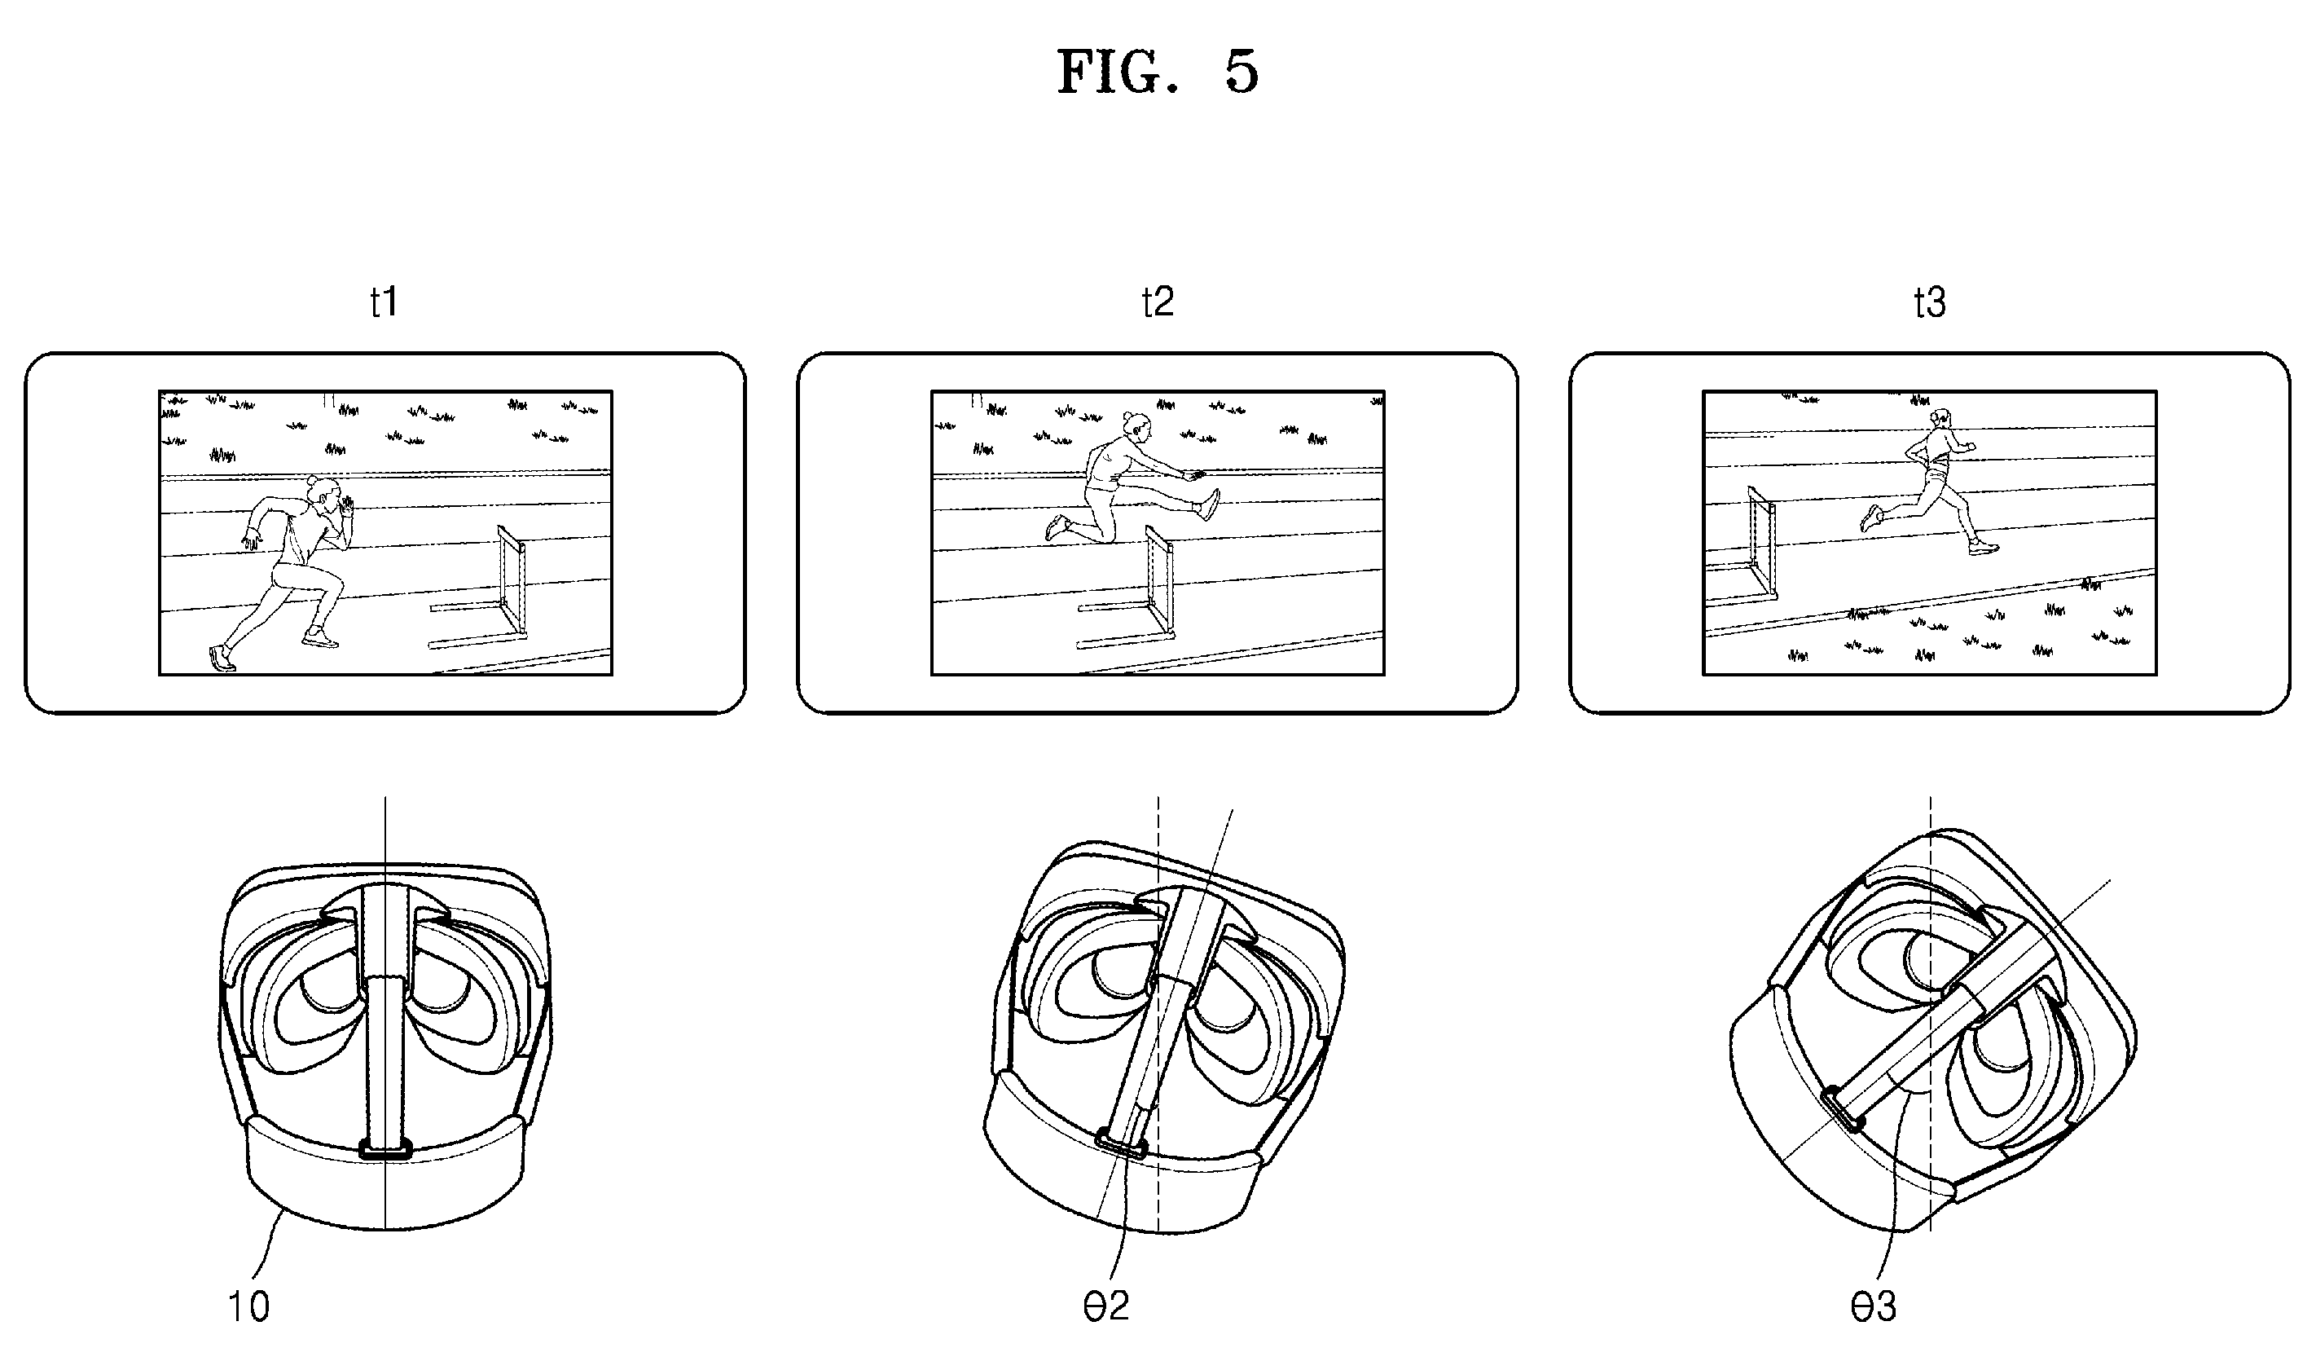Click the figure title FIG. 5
1157,72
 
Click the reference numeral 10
249,1306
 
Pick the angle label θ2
1105,1306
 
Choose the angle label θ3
1873,1306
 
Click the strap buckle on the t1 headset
385,1150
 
